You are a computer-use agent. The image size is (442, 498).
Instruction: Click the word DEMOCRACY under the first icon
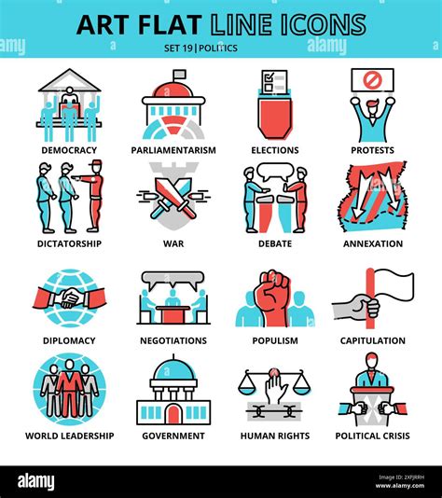69,150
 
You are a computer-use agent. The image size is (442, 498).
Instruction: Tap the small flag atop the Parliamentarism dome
180,75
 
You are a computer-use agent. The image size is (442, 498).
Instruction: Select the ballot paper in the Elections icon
274,81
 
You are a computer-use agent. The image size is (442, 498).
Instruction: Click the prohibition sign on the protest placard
371,79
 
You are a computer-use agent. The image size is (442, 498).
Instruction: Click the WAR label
173,243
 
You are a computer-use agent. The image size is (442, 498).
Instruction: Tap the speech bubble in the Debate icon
275,172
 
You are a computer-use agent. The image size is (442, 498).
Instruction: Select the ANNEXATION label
373,243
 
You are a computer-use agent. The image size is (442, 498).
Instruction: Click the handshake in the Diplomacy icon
70,297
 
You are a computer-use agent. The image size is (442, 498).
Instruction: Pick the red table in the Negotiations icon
173,314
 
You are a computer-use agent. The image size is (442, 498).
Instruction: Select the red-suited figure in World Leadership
70,388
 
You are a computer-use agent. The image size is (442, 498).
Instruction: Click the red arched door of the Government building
173,414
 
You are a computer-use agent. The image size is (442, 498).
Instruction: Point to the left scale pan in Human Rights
248,388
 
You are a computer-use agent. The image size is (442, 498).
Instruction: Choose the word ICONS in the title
324,24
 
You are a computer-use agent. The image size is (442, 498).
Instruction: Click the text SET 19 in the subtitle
178,48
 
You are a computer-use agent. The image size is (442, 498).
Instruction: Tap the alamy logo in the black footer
35,482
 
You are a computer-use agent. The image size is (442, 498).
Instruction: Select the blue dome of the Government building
173,369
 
